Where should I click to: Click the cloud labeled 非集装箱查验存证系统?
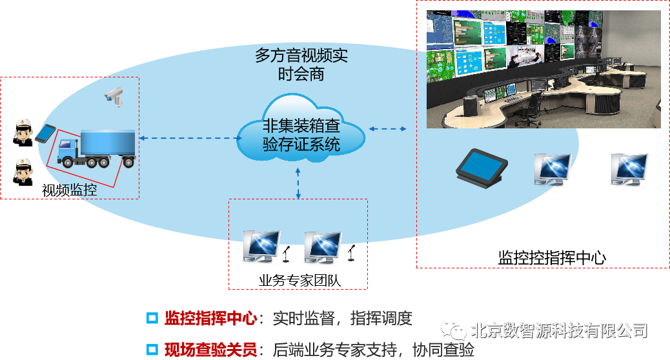301,132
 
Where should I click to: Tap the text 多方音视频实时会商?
301,65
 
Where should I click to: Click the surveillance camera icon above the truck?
114,95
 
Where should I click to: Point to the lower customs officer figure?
24,171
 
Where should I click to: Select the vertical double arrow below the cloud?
298,183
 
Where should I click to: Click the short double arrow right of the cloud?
387,129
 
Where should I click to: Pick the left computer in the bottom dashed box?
261,247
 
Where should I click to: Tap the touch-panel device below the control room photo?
481,165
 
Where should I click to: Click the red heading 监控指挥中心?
210,318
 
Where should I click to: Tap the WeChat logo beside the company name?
454,330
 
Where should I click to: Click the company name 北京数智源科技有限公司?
559,330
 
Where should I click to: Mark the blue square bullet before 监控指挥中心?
152,318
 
